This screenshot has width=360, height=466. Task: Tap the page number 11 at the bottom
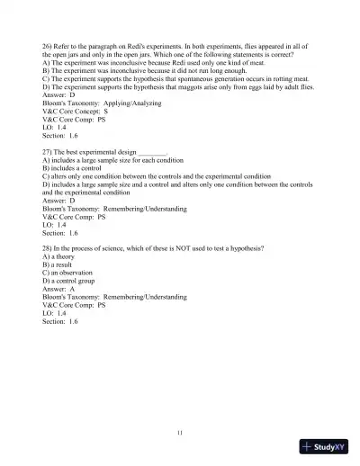pyautogui.click(x=180, y=435)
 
